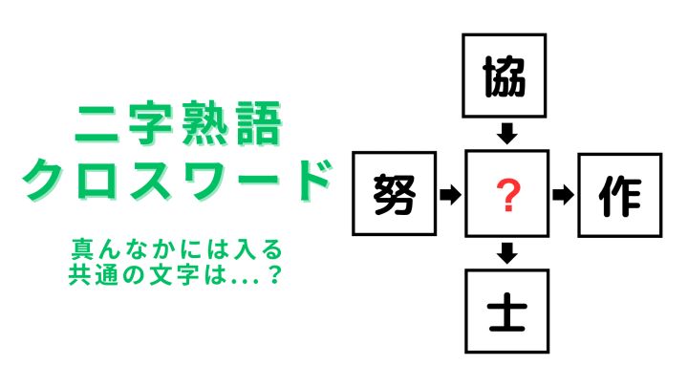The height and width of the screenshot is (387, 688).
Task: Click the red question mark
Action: click(x=508, y=196)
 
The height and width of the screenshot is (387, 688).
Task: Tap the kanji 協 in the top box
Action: click(x=505, y=77)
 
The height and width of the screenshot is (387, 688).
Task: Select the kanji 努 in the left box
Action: click(x=395, y=194)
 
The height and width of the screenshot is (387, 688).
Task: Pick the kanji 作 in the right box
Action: click(x=620, y=196)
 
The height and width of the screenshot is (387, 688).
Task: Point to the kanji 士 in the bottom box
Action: click(x=507, y=312)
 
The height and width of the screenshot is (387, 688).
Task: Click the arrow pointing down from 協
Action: click(x=506, y=134)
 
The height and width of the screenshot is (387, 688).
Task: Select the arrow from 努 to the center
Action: click(x=450, y=194)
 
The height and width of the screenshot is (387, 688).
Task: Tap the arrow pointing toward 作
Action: click(x=563, y=195)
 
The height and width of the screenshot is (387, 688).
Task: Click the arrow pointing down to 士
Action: click(x=507, y=252)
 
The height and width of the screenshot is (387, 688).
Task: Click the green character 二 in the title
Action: click(x=97, y=124)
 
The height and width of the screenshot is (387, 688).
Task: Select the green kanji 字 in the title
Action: click(x=150, y=123)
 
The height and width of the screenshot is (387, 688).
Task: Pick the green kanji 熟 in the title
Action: click(x=204, y=123)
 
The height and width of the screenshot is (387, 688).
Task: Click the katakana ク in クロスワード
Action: click(x=43, y=180)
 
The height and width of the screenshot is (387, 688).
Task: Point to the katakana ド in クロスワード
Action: click(x=310, y=180)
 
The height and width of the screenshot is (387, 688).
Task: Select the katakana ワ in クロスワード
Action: click(x=204, y=180)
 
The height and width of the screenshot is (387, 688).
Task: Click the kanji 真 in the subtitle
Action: click(x=82, y=249)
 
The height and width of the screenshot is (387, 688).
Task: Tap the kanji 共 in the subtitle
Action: click(x=80, y=274)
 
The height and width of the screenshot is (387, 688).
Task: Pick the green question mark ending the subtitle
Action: click(x=274, y=274)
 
